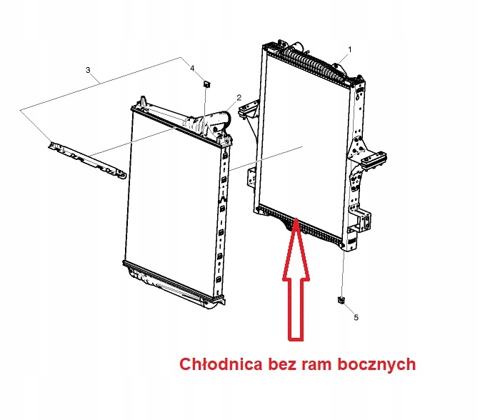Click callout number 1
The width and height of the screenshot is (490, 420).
pos(350,49)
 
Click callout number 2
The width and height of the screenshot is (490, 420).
pos(239,97)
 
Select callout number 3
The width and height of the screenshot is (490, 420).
pos(88,70)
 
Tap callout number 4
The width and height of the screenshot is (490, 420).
pos(191,67)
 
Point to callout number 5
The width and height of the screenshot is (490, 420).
pos(356,317)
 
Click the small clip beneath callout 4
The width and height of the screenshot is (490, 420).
pos(206,83)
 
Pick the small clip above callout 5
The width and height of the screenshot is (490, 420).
pos(341,299)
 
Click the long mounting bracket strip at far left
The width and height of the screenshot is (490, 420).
pos(84,157)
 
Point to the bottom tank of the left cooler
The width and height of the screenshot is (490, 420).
pos(171,281)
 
